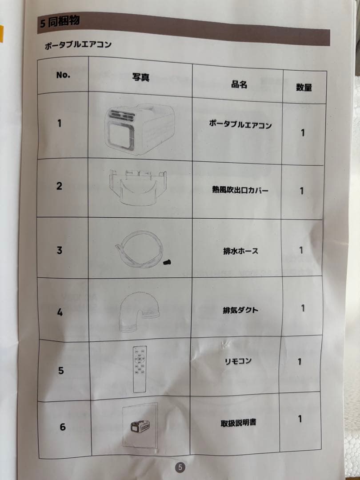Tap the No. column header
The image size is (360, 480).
tap(63, 75)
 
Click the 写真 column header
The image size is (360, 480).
tap(140, 77)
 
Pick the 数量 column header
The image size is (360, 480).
tap(304, 88)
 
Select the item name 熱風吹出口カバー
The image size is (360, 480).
tap(240, 190)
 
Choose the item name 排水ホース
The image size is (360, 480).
tap(240, 251)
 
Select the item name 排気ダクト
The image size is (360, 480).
tap(240, 310)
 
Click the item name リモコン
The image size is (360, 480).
tap(238, 361)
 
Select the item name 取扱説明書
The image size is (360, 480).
tap(238, 423)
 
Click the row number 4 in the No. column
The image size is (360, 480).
tap(60, 312)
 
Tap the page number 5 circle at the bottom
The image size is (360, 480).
tap(180, 467)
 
